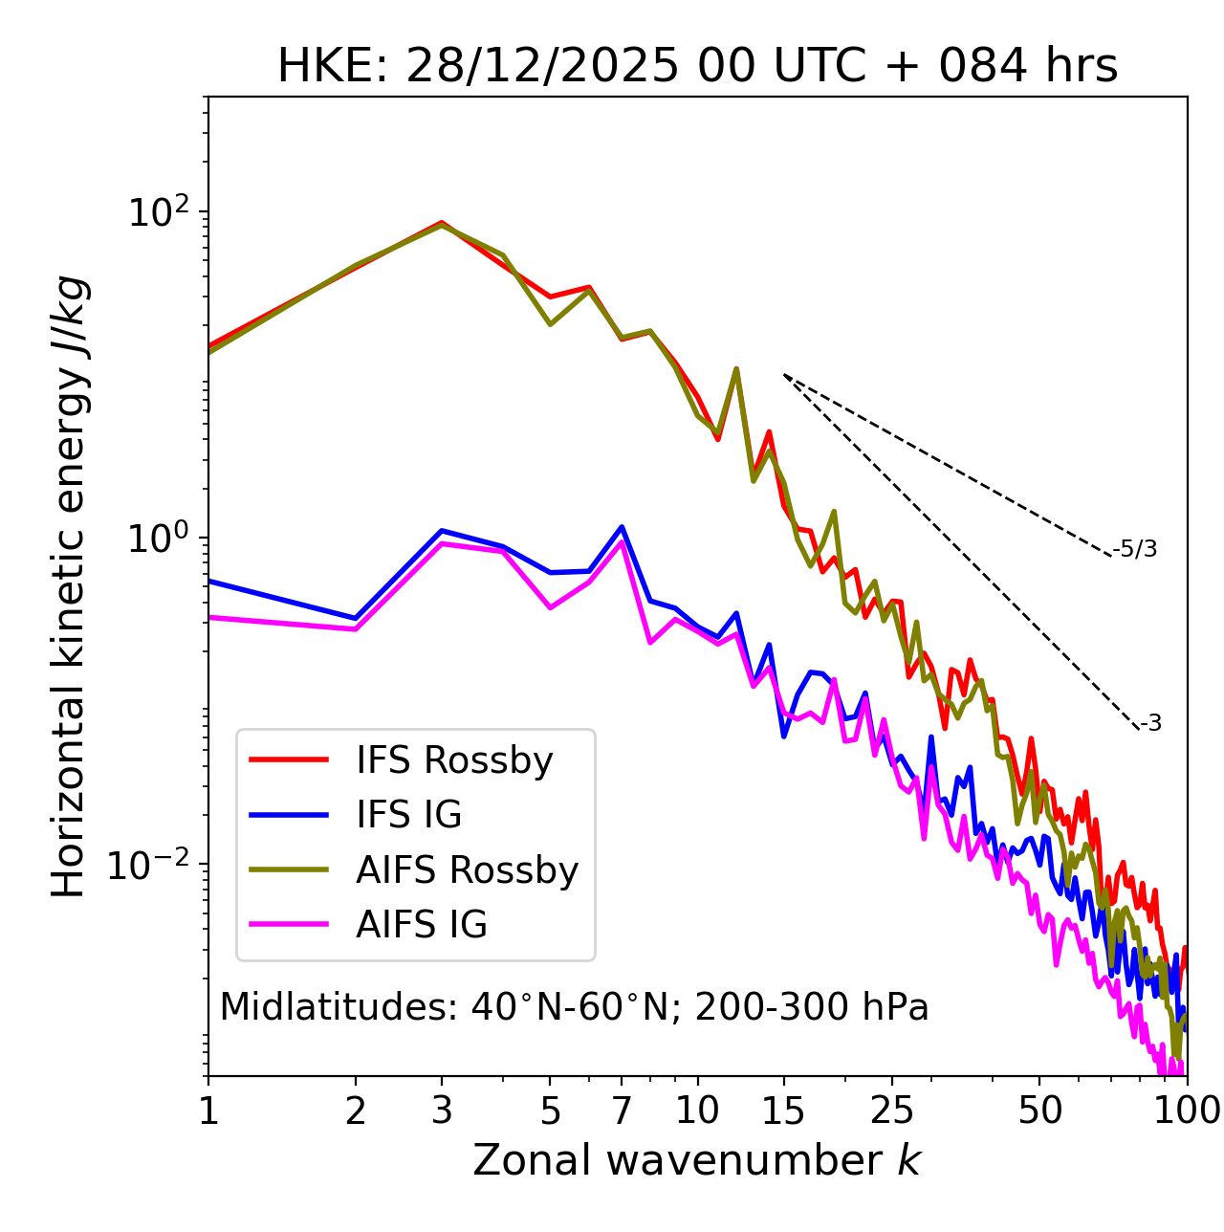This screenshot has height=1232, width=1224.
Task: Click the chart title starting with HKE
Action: click(x=697, y=67)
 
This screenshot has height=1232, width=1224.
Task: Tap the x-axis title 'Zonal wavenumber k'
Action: click(x=697, y=1160)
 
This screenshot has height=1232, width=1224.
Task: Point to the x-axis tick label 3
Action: click(x=442, y=1111)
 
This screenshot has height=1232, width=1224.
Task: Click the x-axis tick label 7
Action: click(x=622, y=1111)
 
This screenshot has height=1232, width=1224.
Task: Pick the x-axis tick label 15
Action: click(x=783, y=1111)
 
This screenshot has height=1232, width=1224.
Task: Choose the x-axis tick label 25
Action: click(x=892, y=1111)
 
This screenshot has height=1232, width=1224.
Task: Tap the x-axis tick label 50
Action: click(x=1039, y=1111)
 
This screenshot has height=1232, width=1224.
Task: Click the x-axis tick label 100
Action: click(x=1186, y=1111)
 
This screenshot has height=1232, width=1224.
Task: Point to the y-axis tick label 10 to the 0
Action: click(x=157, y=538)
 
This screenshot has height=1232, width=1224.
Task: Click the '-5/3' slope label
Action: click(x=1135, y=549)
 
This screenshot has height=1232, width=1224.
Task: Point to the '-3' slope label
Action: click(x=1150, y=724)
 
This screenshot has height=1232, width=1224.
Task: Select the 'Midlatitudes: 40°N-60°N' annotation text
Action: click(x=574, y=1007)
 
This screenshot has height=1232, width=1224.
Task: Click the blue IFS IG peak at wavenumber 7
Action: click(x=622, y=527)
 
